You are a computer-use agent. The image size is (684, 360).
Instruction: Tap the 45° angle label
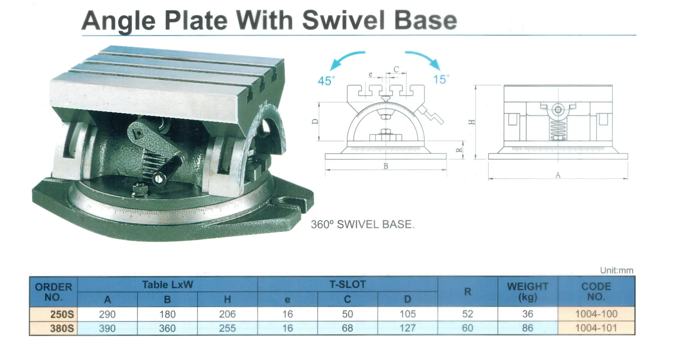click(326, 81)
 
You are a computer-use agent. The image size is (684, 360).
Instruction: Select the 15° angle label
click(441, 80)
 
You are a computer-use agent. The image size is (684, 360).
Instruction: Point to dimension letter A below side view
click(558, 175)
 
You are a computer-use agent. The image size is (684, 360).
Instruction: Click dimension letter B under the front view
click(385, 166)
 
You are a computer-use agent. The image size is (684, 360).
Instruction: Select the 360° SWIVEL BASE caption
click(362, 224)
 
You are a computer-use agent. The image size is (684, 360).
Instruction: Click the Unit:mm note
click(617, 270)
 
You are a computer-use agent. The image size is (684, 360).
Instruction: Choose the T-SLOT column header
click(347, 284)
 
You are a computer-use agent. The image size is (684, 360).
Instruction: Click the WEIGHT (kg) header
click(528, 291)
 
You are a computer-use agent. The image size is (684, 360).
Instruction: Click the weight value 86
click(528, 328)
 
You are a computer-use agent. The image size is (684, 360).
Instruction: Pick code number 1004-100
click(596, 314)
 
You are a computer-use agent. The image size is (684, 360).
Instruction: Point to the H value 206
click(227, 314)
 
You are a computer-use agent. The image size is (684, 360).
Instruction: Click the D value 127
click(407, 328)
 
